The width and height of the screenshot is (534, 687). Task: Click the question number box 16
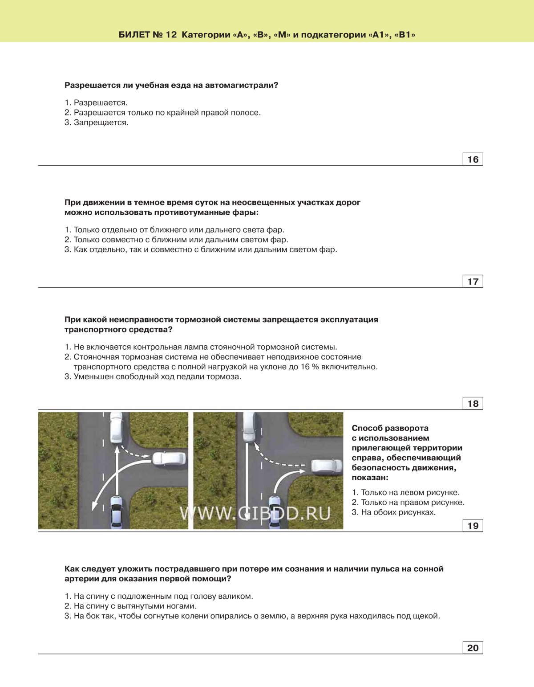tap(473, 159)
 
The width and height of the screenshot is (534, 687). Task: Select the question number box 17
tap(473, 282)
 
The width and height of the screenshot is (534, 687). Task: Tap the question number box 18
tap(473, 404)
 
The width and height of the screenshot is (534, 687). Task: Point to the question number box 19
tap(473, 526)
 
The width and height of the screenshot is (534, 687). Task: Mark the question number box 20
tap(473, 648)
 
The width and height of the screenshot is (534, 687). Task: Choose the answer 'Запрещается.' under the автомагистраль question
tap(101, 123)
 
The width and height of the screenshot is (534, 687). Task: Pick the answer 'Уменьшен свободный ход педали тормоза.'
tap(157, 376)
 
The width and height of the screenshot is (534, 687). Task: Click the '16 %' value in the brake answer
tap(310, 367)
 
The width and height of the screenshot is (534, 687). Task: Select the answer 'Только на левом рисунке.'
tap(410, 492)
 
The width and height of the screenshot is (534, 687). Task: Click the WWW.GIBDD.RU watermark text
tap(255, 513)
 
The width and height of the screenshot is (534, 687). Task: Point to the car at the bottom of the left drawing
tap(116, 512)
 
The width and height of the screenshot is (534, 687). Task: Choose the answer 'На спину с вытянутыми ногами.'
tap(135, 606)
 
